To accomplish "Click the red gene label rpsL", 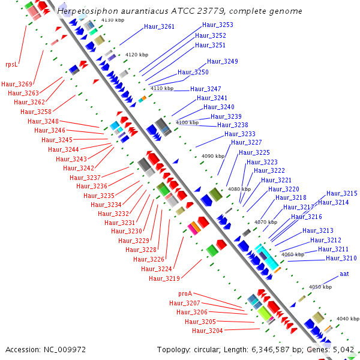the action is coord(11,64).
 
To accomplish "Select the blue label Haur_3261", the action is coord(159,26).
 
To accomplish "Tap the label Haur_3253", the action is coord(218,25).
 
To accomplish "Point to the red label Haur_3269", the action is coord(17,84).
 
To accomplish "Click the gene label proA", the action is coord(185,293).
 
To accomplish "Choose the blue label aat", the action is coord(344,274).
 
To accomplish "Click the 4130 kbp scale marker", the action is coord(113,20).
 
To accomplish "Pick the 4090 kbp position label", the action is coord(213,156).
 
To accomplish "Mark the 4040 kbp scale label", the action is coord(348,319).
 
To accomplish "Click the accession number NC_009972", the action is coord(65,350).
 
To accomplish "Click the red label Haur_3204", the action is coord(208,331).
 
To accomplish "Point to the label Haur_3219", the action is coord(164,278).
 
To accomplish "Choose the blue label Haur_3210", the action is coord(341,258).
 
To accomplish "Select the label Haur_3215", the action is coord(342,193).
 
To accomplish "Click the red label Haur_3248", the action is coord(43,121).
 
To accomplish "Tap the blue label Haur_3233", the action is coord(240,134).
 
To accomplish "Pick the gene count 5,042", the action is coord(343,350).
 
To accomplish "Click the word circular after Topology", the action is coord(207,350).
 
